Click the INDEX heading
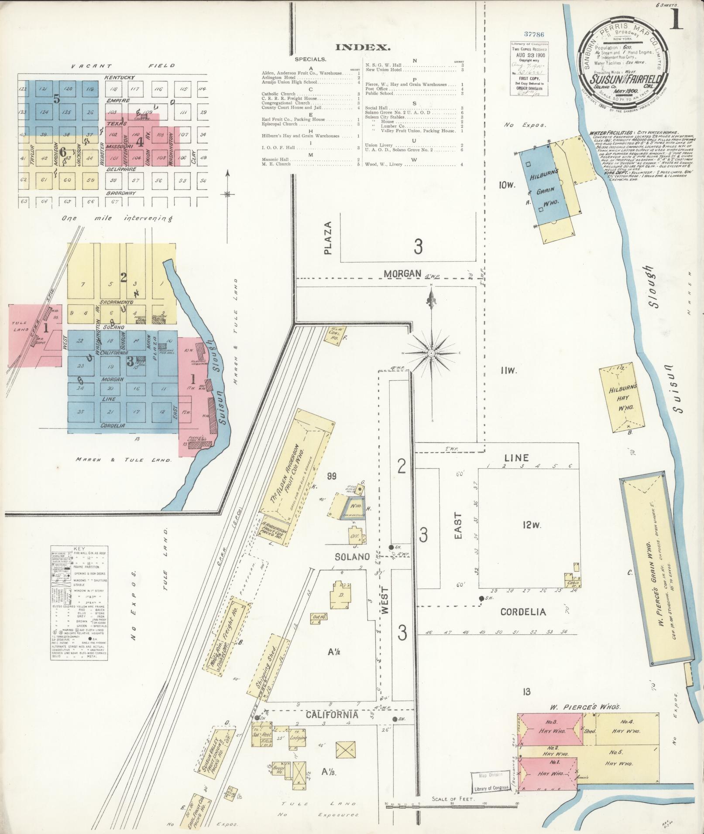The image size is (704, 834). point(363,47)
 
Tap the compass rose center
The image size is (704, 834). point(431,353)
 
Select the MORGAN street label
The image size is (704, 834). point(403,273)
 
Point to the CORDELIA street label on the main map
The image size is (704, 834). point(523,612)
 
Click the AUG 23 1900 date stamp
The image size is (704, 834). point(529,56)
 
